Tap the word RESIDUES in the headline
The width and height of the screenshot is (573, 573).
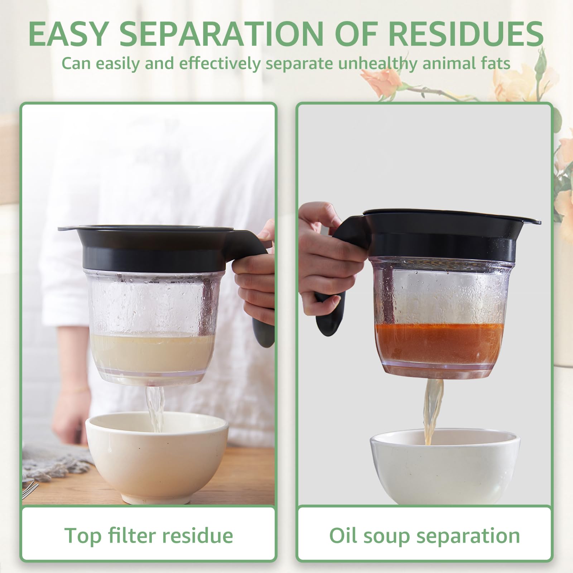[466, 34]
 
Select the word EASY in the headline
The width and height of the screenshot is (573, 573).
[68, 34]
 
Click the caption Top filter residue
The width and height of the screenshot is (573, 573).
[149, 535]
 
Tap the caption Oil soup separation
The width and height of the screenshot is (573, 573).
[424, 535]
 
